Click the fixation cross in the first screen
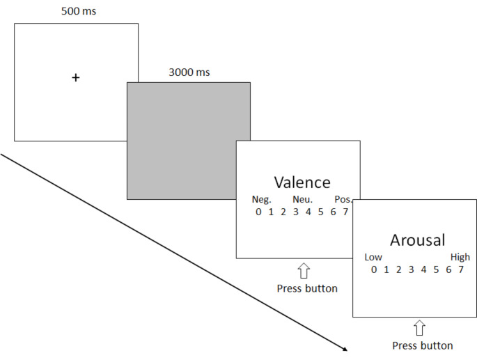[x=76, y=78]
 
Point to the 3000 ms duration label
[x=189, y=72]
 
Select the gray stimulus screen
[x=188, y=140]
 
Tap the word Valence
[x=302, y=182]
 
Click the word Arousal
[x=418, y=240]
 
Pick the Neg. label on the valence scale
[x=261, y=200]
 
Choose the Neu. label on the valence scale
[x=302, y=200]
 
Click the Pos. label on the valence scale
[x=343, y=200]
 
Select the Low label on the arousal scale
[x=373, y=257]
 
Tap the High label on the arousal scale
[x=460, y=257]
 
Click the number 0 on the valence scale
[x=258, y=212]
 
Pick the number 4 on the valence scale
[x=308, y=212]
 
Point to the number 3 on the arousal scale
[x=411, y=269]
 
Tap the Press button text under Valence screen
[x=307, y=288]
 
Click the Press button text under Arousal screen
[x=423, y=345]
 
